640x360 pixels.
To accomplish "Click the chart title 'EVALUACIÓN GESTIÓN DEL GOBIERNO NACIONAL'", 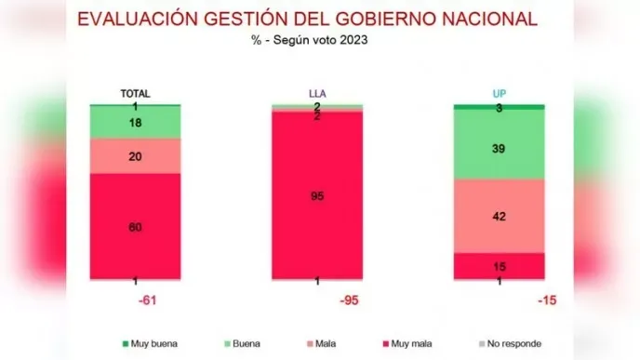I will (x=308, y=19).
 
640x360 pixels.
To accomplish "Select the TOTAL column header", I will (x=136, y=94).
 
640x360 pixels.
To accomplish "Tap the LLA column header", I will (x=317, y=94).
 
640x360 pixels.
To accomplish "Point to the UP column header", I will (x=499, y=94).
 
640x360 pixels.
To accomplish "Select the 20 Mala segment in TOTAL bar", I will (x=136, y=156).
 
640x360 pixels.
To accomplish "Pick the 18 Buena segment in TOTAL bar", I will (x=136, y=123).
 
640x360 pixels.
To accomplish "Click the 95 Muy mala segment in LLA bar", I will (x=317, y=195).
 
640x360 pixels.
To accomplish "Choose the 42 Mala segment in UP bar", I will (x=499, y=215).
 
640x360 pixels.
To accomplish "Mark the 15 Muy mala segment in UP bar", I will (x=499, y=265).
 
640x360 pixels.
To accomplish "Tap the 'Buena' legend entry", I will (x=244, y=342).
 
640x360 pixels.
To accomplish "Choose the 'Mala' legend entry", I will (x=321, y=342).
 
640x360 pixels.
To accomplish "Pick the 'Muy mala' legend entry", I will (x=407, y=342).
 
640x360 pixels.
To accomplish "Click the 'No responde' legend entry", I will (x=506, y=342).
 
